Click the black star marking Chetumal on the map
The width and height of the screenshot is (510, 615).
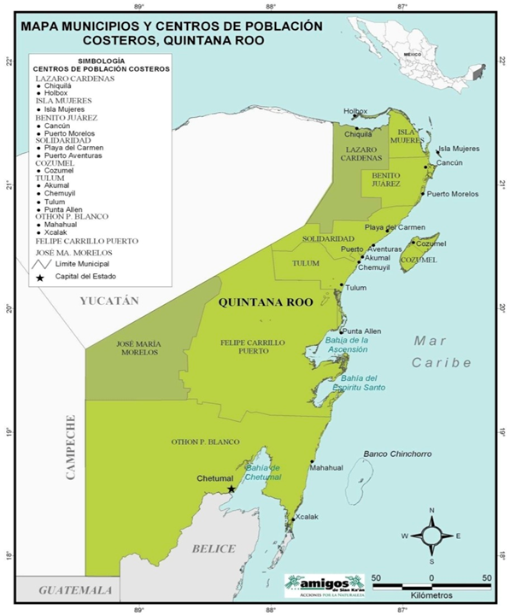click(231, 489)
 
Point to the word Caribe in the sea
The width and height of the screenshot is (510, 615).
click(441, 362)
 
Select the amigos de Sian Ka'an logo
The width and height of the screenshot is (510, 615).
click(324, 584)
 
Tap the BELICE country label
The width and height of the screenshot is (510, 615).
click(214, 548)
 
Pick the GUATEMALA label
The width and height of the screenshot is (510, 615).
click(78, 590)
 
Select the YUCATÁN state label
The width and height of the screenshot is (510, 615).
click(108, 301)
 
